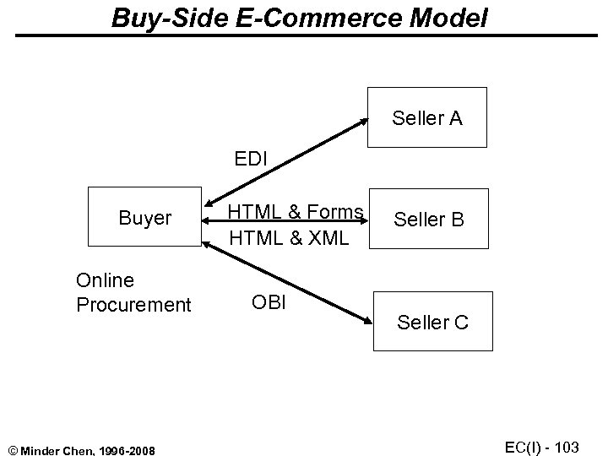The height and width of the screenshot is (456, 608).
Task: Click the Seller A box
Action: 426,118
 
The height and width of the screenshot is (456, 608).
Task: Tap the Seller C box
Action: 432,322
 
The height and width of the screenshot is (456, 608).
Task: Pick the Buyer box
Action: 145,219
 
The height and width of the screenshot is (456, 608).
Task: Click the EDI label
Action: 252,157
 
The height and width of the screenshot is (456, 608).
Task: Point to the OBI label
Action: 269,301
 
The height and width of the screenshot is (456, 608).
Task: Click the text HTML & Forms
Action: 296,213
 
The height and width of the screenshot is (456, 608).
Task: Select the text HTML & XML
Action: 289,239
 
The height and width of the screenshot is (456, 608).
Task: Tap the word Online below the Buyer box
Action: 105,280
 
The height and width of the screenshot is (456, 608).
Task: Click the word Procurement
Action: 133,304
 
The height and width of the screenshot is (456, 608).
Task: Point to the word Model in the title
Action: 450,18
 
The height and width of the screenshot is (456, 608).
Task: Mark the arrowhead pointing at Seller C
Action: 366,322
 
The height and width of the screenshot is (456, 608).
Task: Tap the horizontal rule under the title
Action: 304,35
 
